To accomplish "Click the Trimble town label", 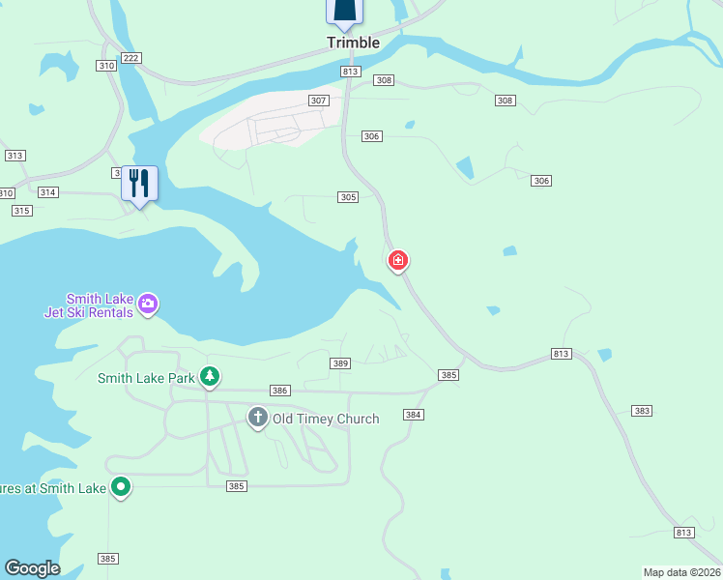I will pos(353,43).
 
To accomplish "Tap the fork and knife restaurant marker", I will pos(139,183).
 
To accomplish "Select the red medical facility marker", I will pos(397,261).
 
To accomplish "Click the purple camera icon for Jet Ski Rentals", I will pos(148,304).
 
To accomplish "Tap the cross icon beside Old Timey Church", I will pos(257,418).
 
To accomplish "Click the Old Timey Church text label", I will pos(326,419).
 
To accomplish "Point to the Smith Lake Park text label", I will pos(146,378).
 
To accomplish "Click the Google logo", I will pos(32,568).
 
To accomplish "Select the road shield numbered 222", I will pos(131,58).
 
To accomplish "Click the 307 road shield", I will pos(318,101).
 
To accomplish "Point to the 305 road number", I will pos(349,197).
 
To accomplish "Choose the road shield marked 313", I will pos(14,156).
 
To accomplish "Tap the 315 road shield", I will pos(21,211).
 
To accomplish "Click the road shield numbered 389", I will pos(339,363).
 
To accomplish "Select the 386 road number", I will pos(280,391).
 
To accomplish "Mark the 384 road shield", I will pos(414,415).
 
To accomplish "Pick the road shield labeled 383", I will pos(642,411).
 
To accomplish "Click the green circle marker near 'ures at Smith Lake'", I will pos(120,487).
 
